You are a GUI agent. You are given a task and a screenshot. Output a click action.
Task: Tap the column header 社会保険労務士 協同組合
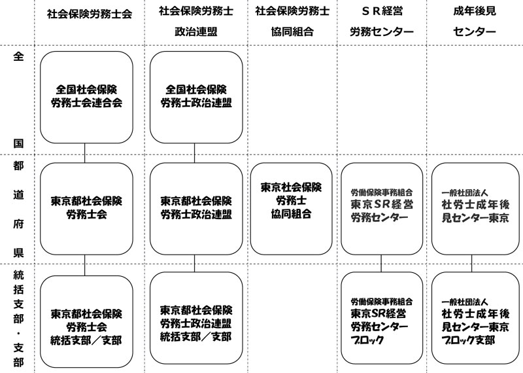tap(292, 21)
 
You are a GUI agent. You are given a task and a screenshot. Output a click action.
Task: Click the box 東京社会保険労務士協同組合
tap(292, 207)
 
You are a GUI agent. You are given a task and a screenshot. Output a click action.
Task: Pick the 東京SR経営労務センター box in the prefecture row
tap(382, 207)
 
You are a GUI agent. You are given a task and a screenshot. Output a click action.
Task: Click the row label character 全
tap(18, 56)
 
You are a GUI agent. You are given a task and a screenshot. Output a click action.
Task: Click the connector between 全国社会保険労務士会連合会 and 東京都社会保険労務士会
tap(86, 152)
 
